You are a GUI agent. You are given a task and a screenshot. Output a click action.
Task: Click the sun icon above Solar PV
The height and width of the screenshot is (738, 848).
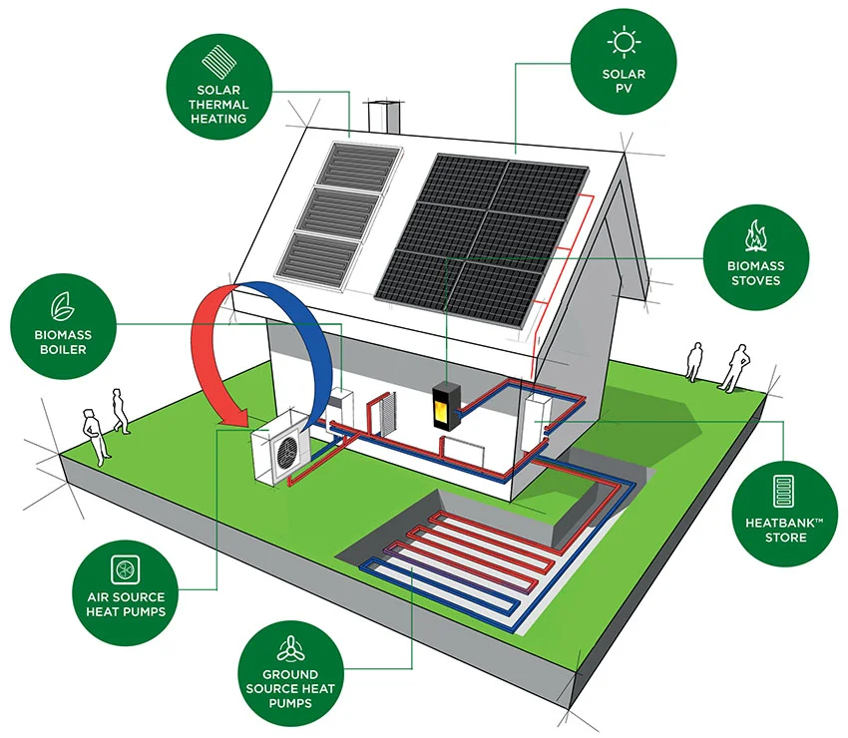point(624,43)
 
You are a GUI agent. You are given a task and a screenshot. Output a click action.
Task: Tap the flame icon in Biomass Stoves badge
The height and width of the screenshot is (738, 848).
point(754,236)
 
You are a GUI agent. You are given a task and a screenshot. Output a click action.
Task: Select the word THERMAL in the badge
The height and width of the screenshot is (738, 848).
point(219,104)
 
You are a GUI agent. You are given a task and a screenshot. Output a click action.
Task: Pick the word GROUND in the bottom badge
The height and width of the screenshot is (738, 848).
point(290,675)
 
